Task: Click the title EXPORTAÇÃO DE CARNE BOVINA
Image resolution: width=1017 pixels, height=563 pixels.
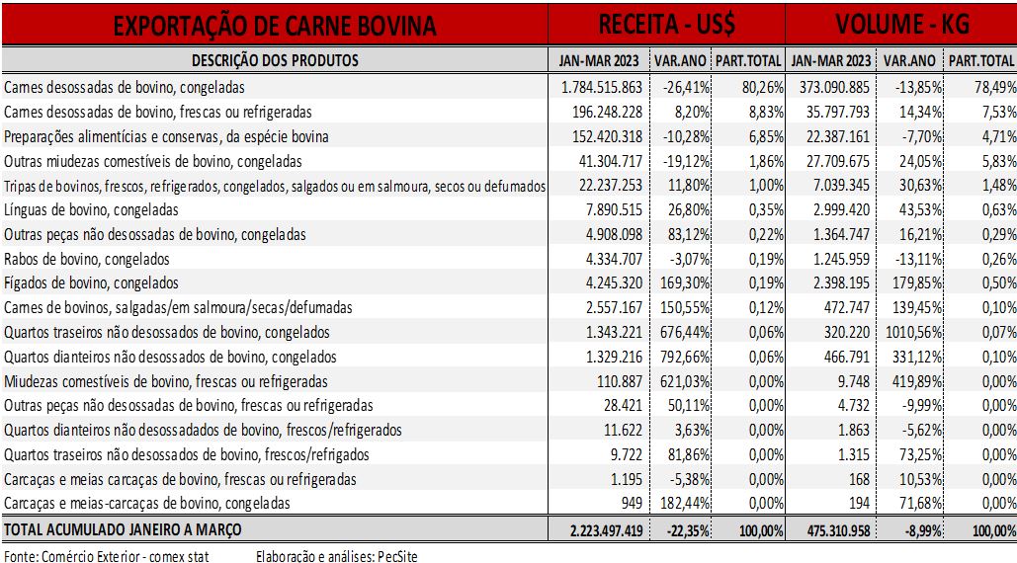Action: [x=275, y=26]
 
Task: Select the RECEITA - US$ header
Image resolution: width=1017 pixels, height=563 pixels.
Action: [x=667, y=25]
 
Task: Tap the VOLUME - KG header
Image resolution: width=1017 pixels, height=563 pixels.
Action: [x=902, y=25]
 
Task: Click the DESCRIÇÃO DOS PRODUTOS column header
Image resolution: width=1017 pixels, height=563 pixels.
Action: [x=275, y=61]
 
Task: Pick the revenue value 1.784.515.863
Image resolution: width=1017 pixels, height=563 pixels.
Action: [x=601, y=88]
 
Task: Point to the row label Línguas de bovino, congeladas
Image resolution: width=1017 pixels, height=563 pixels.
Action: [x=91, y=210]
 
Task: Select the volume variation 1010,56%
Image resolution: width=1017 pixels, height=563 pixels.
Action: [x=913, y=332]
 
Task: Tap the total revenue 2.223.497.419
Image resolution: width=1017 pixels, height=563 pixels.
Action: [x=607, y=530]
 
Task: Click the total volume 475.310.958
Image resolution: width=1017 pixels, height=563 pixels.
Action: [x=839, y=530]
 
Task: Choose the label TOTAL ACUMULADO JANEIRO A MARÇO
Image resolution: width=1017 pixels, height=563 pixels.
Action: [x=123, y=530]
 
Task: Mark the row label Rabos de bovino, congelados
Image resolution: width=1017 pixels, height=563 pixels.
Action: [x=86, y=259]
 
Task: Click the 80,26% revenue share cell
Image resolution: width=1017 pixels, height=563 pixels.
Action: [x=763, y=88]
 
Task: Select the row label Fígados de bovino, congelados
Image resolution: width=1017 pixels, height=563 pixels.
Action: [x=91, y=283]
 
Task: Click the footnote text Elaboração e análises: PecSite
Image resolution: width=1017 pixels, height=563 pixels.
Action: [x=337, y=556]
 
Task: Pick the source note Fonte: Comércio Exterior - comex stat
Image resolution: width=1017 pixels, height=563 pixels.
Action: [x=107, y=556]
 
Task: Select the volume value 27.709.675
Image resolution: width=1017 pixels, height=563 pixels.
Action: [x=838, y=161]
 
